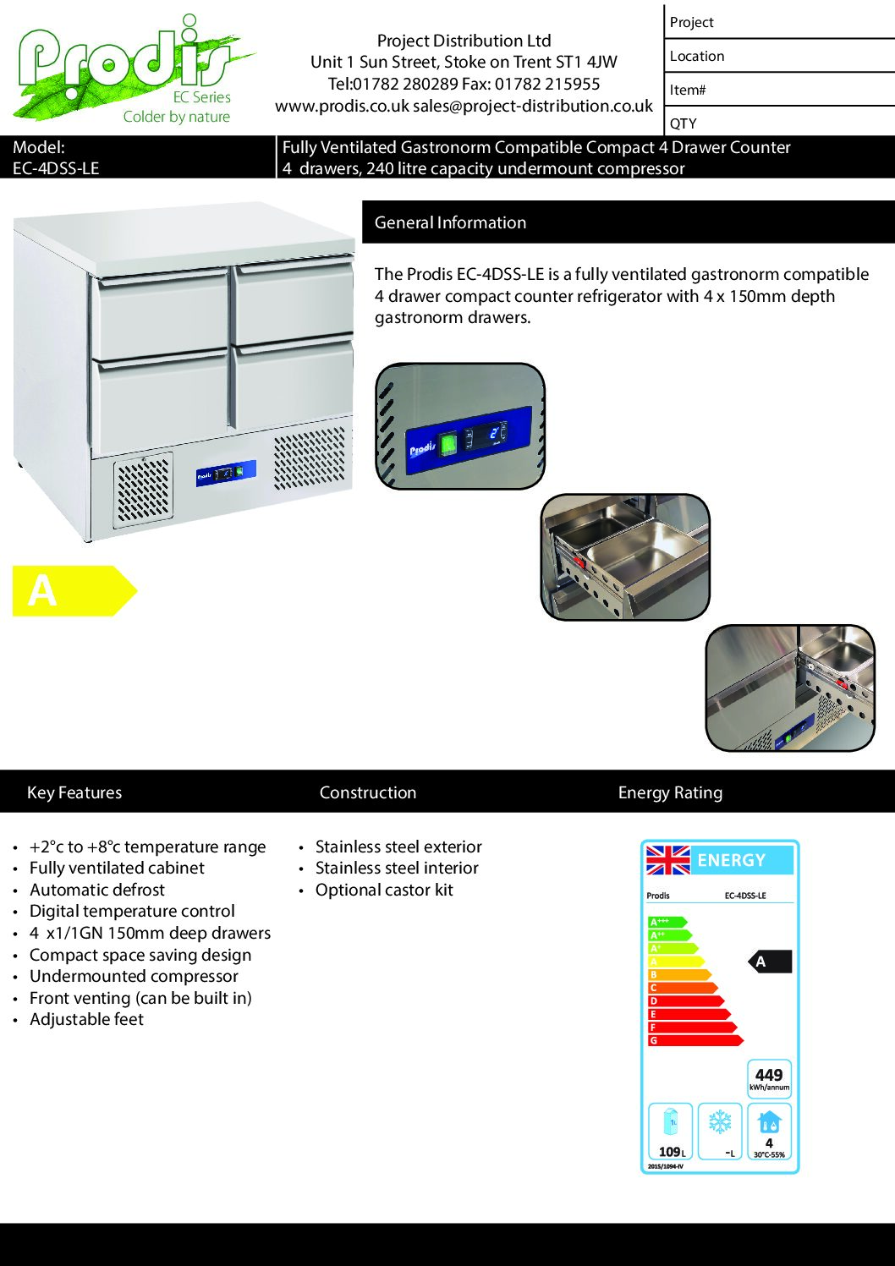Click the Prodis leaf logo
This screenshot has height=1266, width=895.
(127, 68)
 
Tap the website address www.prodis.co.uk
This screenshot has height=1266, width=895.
(342, 106)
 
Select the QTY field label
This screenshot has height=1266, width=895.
(684, 123)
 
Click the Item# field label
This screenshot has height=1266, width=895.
(688, 90)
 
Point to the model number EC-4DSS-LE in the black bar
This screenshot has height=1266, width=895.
(56, 168)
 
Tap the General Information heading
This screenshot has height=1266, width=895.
(450, 222)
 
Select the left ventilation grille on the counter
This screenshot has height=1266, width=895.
(143, 489)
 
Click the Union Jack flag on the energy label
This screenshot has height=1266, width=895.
(668, 860)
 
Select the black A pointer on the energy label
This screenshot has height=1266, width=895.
(770, 962)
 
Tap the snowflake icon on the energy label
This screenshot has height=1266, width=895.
(720, 1122)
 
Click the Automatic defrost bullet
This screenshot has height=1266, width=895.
(97, 890)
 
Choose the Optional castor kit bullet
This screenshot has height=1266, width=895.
(384, 890)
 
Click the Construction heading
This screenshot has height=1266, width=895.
(368, 792)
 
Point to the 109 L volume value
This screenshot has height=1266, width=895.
(672, 1152)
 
